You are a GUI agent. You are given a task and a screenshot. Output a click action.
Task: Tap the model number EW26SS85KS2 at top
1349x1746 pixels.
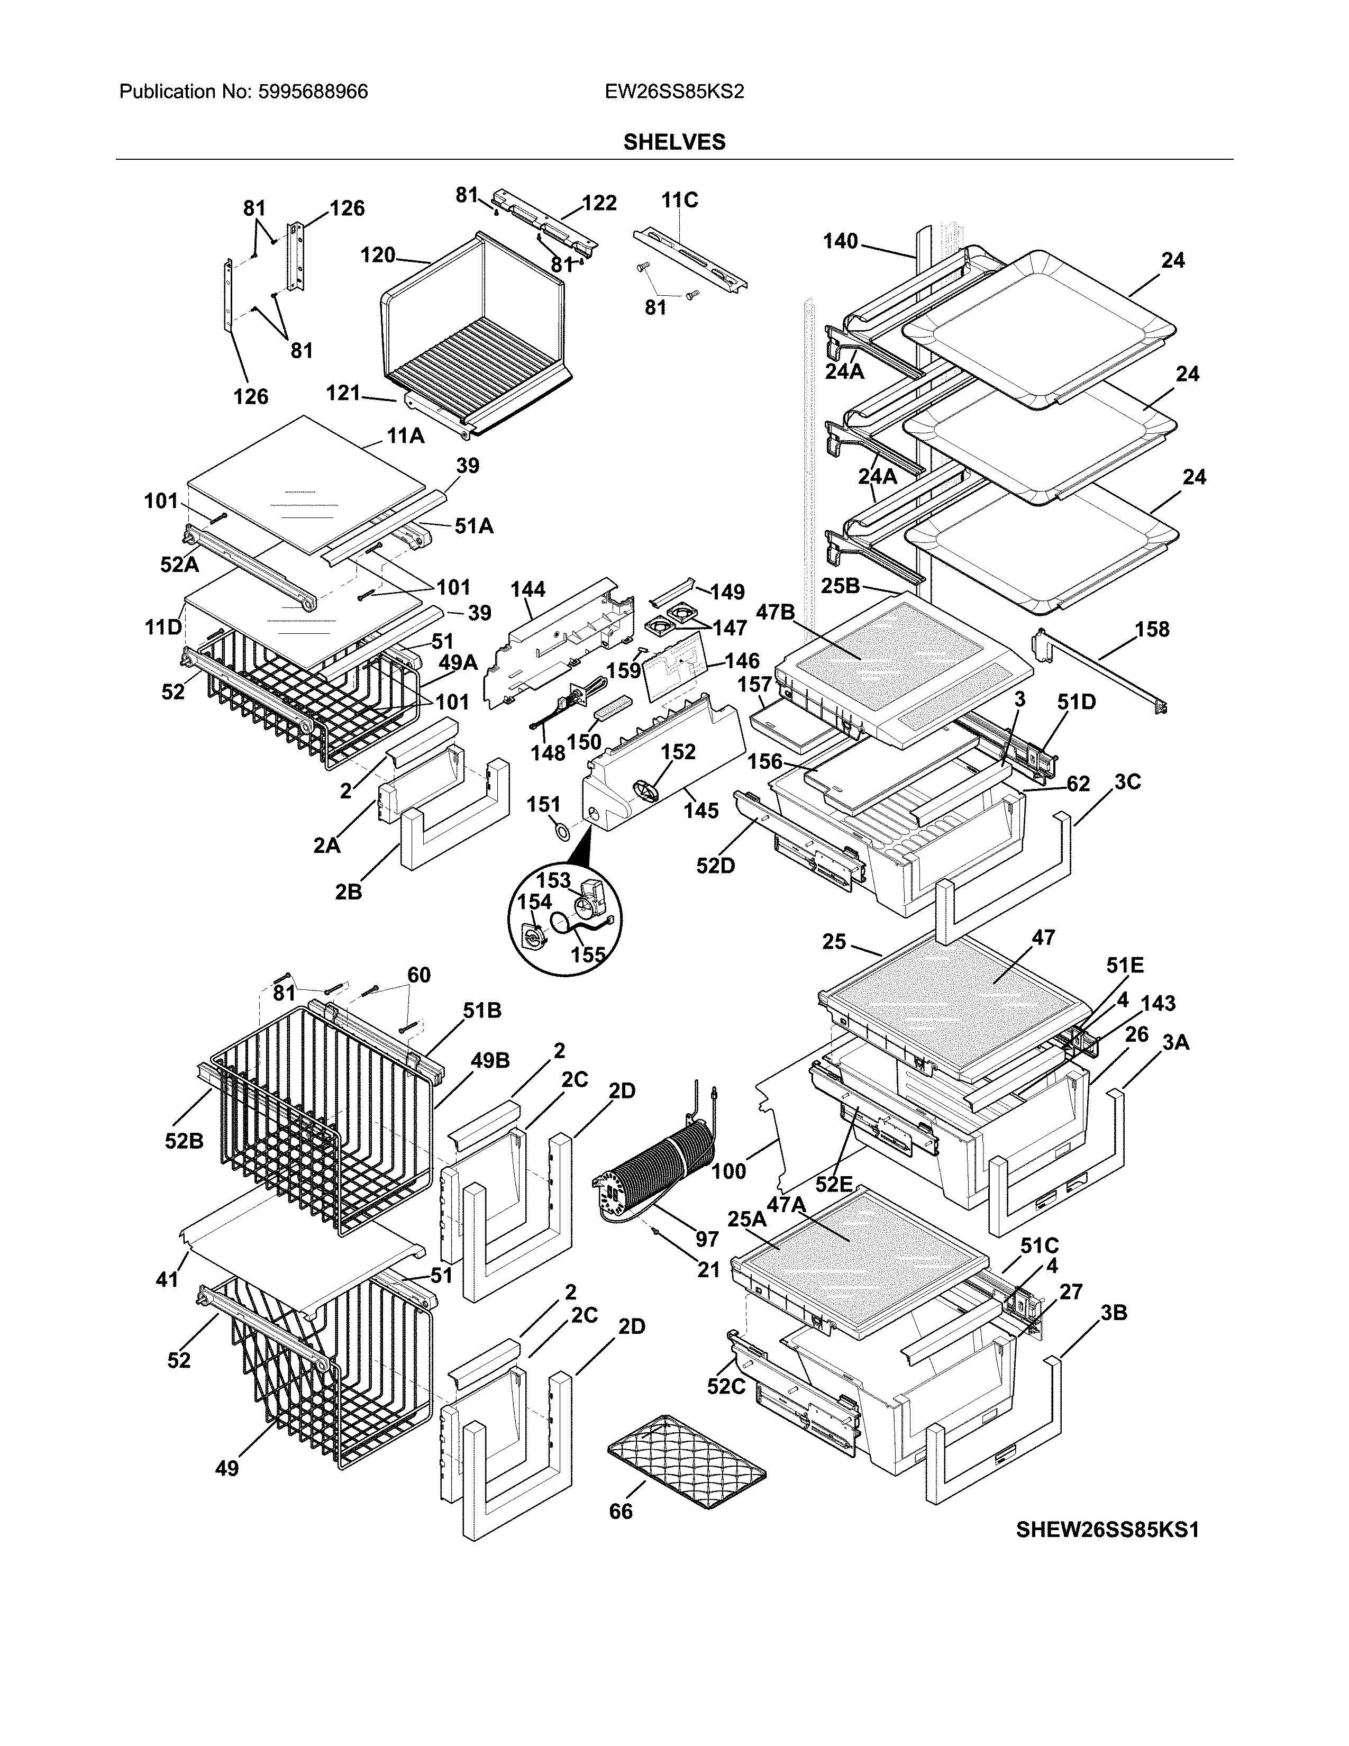pos(673,92)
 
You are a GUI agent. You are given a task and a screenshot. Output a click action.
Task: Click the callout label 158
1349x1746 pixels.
pos(1152,629)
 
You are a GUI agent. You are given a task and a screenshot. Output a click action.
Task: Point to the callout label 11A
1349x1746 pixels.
pos(405,435)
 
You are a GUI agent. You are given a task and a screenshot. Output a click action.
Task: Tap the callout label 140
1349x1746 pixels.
pos(840,241)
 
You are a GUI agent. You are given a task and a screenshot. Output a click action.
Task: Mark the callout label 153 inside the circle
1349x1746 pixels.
pos(552,881)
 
